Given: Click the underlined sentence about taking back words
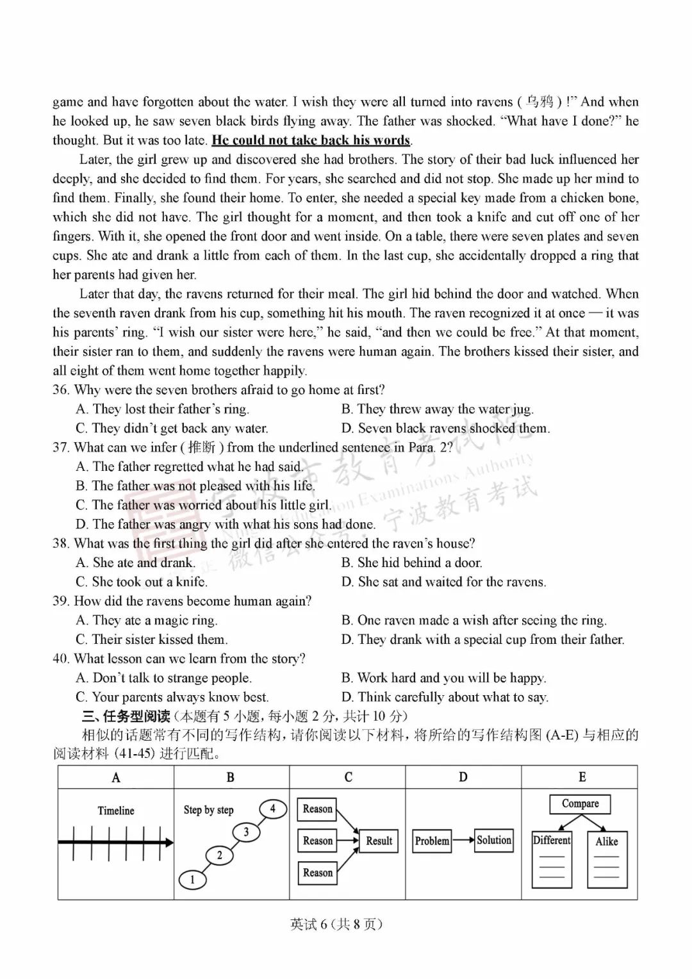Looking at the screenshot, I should point(311,140).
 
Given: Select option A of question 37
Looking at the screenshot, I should point(188,467).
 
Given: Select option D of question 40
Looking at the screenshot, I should point(445,697).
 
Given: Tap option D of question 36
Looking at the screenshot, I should point(445,429).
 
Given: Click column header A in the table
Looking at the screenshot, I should point(116,778).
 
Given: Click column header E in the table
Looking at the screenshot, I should point(582,777).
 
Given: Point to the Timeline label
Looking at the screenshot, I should point(116,810).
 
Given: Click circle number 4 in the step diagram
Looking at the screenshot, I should point(273,809).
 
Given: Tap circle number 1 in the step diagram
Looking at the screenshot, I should point(192,880).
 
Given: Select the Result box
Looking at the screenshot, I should point(379,841).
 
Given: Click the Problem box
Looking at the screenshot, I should point(432,841).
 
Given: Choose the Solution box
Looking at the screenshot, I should point(494,840).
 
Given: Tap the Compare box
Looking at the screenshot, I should point(580,804).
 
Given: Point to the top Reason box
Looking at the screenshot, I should point(317,809).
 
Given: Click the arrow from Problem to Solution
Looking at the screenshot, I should point(463,841).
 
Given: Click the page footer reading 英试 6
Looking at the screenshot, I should point(336,924).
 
